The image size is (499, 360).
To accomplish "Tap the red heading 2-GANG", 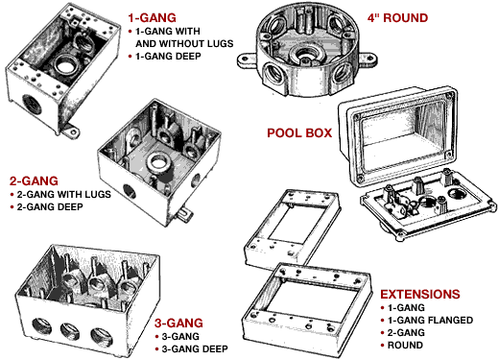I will (35, 180).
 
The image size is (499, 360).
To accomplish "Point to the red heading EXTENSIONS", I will (418, 293).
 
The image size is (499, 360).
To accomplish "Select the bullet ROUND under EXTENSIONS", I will (409, 346).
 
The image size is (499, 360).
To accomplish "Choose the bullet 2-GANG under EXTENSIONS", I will (409, 333).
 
